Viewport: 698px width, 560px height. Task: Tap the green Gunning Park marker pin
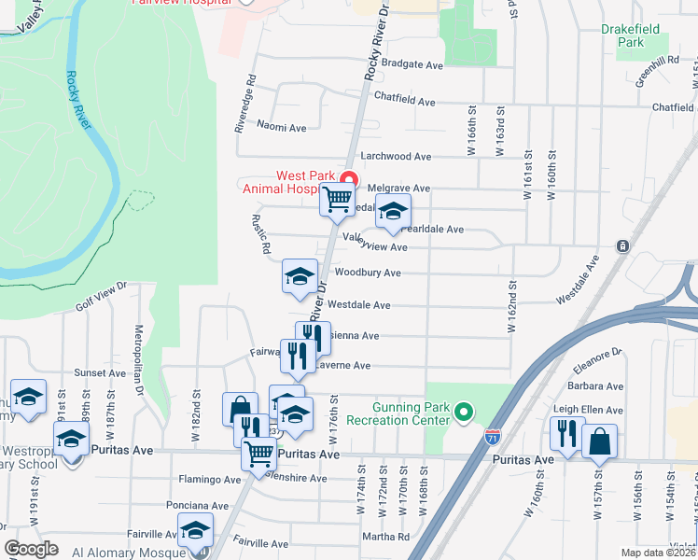[x=462, y=411]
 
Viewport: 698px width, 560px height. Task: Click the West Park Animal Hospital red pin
[x=349, y=179]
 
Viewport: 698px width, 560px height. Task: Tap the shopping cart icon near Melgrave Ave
[x=337, y=199]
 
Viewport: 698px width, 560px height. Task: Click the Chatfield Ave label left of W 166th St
[x=405, y=99]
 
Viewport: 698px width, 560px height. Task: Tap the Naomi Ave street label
[x=282, y=127]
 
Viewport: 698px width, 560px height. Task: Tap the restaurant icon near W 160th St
[x=566, y=433]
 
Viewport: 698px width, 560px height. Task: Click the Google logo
[x=32, y=548]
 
